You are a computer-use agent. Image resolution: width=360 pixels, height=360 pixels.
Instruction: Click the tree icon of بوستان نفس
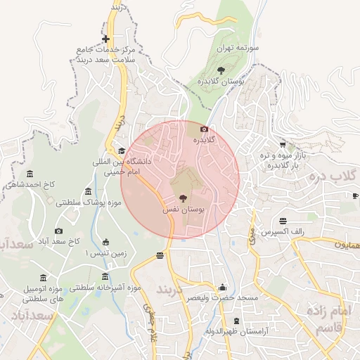coord(183,199)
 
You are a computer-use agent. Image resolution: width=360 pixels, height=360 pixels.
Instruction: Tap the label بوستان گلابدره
coord(221,82)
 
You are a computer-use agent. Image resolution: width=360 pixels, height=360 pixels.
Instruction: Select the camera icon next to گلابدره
coord(204,129)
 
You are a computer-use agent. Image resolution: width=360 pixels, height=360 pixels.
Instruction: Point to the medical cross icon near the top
coord(105,39)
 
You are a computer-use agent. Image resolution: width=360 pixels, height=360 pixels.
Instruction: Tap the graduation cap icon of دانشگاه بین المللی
coord(122,150)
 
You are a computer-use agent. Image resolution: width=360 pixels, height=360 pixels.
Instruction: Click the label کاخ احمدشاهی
coord(29,185)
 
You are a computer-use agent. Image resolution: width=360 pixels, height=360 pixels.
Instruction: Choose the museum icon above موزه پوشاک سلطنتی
coord(88,191)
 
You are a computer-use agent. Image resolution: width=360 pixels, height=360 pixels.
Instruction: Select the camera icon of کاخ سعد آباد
coord(58,231)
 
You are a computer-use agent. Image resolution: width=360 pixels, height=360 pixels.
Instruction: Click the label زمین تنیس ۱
coord(105,253)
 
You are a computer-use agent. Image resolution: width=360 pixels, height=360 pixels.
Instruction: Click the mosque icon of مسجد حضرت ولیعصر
coord(223,287)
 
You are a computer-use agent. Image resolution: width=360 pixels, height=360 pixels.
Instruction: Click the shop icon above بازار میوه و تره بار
coord(283,143)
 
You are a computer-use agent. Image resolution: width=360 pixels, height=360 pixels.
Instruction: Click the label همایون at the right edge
coord(346,245)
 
